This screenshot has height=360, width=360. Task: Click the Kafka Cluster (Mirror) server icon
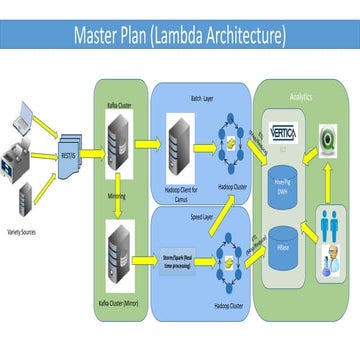click(120, 245)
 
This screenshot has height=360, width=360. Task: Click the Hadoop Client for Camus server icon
click(181, 139)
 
